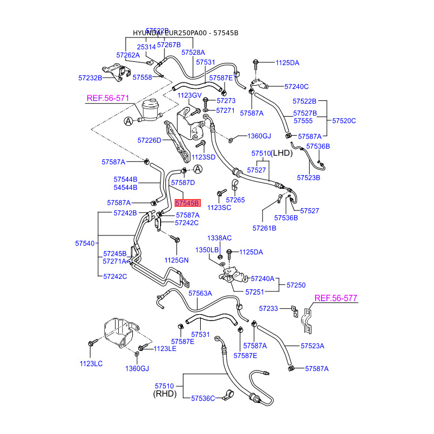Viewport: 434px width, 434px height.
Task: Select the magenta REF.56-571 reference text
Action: coord(108,98)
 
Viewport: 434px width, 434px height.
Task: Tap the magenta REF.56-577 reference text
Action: coord(336,298)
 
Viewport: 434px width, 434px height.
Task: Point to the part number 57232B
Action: coord(90,78)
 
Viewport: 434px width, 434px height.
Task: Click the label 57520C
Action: coord(344,120)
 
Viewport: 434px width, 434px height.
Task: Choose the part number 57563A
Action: coord(200,293)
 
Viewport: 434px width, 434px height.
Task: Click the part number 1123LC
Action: coord(91,363)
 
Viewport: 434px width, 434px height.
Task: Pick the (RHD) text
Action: coord(165,394)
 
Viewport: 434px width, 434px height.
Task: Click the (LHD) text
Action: coord(282,154)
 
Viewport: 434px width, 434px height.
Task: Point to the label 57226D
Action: coord(149,140)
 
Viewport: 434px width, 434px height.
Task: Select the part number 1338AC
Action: coord(219,238)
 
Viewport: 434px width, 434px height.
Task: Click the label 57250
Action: coord(296,284)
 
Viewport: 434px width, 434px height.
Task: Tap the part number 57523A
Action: coord(312,346)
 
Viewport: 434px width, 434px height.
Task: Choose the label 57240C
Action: coord(297,86)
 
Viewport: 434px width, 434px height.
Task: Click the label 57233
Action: coord(268,308)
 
